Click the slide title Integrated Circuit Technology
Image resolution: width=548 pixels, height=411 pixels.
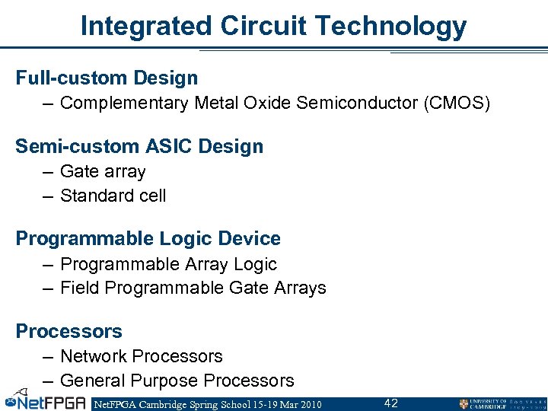coord(273,26)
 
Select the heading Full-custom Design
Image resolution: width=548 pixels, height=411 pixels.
coord(107,78)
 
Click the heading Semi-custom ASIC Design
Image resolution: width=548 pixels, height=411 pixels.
coord(139,146)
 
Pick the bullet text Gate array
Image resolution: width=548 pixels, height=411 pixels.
coord(103,172)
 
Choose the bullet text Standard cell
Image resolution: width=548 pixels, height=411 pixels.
coord(113,196)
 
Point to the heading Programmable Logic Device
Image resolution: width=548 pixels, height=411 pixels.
coord(148,238)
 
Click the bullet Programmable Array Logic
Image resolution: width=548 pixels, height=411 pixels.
coord(168,264)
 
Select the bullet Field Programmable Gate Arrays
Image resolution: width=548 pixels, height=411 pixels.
coord(193,288)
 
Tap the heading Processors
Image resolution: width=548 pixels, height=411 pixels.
coord(69,331)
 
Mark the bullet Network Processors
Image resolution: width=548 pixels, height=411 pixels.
coord(141,356)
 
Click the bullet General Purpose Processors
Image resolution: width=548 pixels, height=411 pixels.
coord(177,380)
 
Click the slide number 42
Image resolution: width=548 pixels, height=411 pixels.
coord(390,403)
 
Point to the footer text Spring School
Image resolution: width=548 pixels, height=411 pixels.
coord(219,404)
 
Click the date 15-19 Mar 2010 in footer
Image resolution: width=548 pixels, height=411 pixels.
coord(284,404)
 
